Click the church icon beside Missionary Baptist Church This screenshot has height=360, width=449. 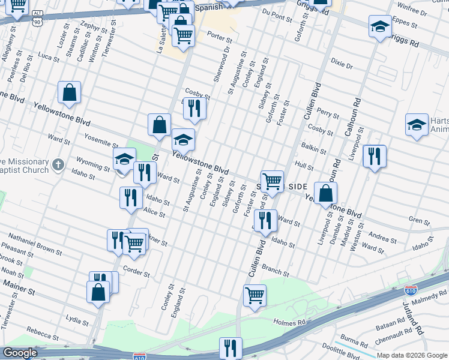pyautogui.click(x=58, y=164)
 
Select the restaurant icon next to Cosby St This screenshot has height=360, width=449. pyautogui.click(x=193, y=109)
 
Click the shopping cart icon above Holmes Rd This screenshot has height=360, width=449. pyautogui.click(x=255, y=296)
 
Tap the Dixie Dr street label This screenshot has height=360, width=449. pyautogui.click(x=342, y=62)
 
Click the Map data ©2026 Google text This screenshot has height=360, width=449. pyautogui.click(x=411, y=355)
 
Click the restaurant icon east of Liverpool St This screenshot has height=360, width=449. pyautogui.click(x=374, y=157)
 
